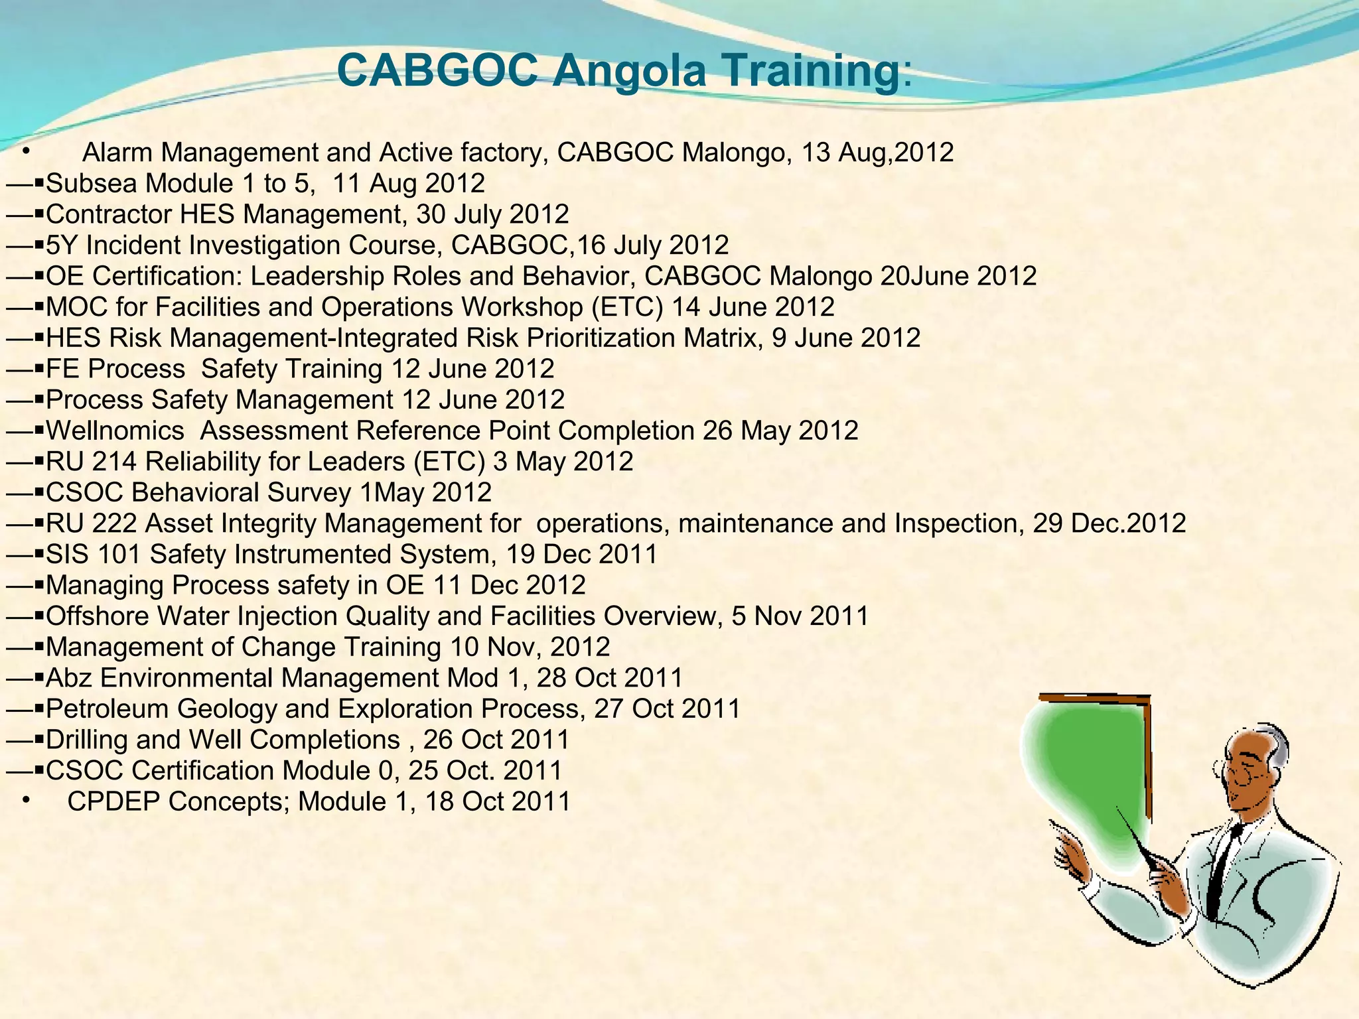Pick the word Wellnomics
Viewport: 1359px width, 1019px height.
pos(115,431)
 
